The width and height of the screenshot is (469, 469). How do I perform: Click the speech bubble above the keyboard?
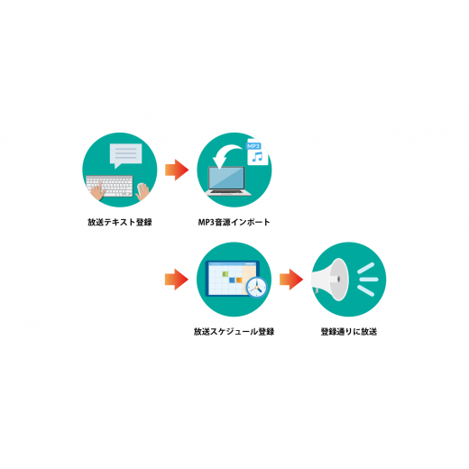[125, 155]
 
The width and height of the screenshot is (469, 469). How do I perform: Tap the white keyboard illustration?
[109, 186]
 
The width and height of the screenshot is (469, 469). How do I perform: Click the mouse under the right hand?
[142, 189]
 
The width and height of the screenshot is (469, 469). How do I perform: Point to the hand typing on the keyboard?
[98, 191]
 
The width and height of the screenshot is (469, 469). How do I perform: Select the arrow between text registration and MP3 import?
[177, 170]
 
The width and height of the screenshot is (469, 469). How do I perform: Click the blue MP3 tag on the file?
[253, 146]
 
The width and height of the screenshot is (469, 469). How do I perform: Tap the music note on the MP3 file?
[257, 157]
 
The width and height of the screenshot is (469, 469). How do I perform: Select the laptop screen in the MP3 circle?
[227, 178]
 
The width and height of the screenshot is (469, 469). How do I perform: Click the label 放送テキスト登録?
[120, 222]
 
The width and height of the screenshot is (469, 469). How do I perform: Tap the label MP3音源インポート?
[234, 222]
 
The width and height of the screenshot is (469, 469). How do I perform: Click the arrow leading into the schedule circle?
[177, 280]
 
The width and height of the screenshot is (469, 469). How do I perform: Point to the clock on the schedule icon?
[257, 287]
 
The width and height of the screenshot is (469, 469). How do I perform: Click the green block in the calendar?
[225, 273]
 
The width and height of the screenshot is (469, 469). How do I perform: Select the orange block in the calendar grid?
[239, 280]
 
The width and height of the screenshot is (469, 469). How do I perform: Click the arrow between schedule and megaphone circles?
[291, 280]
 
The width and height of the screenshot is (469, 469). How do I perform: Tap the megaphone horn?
[330, 280]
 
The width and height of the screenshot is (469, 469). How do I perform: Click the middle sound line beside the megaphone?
[369, 280]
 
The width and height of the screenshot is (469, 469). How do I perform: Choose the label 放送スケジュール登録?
[234, 332]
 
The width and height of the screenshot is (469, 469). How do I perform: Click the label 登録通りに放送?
[349, 332]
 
